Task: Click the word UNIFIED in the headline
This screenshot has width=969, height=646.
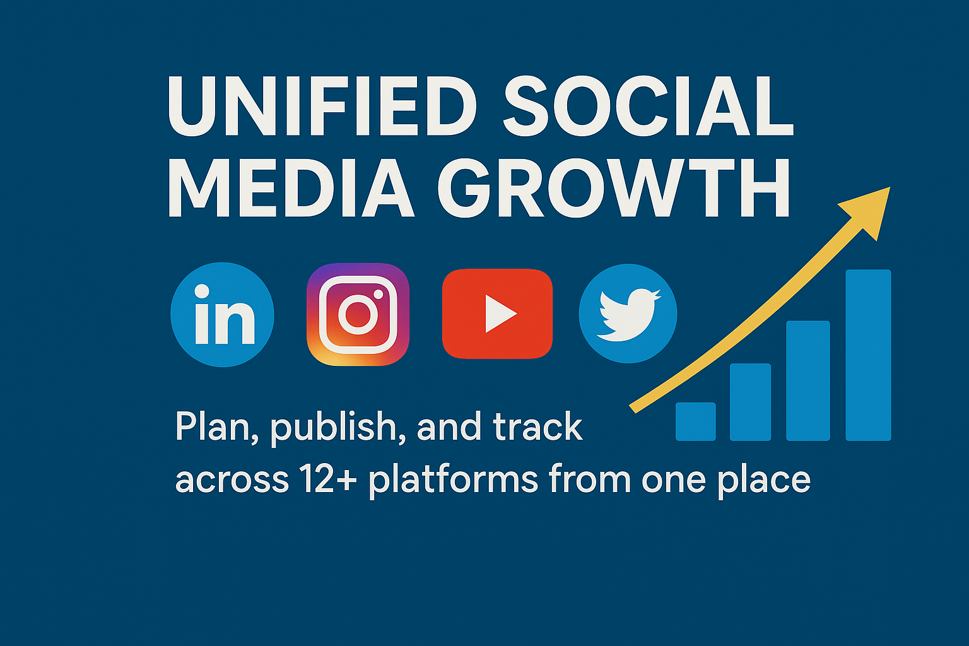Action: pyautogui.click(x=322, y=106)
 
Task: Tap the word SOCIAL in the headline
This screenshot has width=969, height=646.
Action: pyautogui.click(x=649, y=106)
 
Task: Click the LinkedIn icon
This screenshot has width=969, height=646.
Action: pyautogui.click(x=222, y=315)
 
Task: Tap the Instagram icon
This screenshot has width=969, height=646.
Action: pyautogui.click(x=358, y=315)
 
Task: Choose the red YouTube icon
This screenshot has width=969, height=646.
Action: pyautogui.click(x=498, y=314)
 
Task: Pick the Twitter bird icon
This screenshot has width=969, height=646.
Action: pyautogui.click(x=628, y=314)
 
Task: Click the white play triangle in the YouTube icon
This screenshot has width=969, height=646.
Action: pyautogui.click(x=500, y=314)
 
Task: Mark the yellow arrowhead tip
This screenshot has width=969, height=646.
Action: pyautogui.click(x=890, y=187)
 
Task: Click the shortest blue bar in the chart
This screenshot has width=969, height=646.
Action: pyautogui.click(x=696, y=421)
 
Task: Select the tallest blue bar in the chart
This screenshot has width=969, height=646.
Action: pyautogui.click(x=868, y=355)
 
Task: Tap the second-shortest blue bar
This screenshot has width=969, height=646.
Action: pyautogui.click(x=751, y=402)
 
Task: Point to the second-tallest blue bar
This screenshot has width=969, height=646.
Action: pyautogui.click(x=808, y=381)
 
